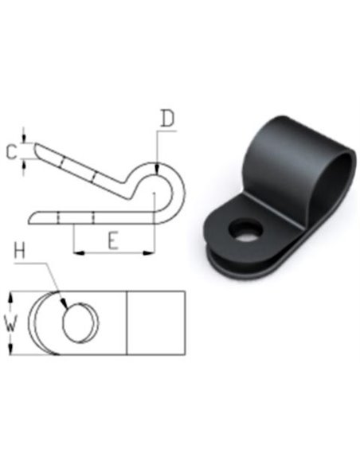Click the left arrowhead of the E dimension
point(77,254)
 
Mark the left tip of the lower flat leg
point(32,216)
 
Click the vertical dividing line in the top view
point(128,323)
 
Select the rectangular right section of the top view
point(156,323)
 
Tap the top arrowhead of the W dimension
point(10,296)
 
